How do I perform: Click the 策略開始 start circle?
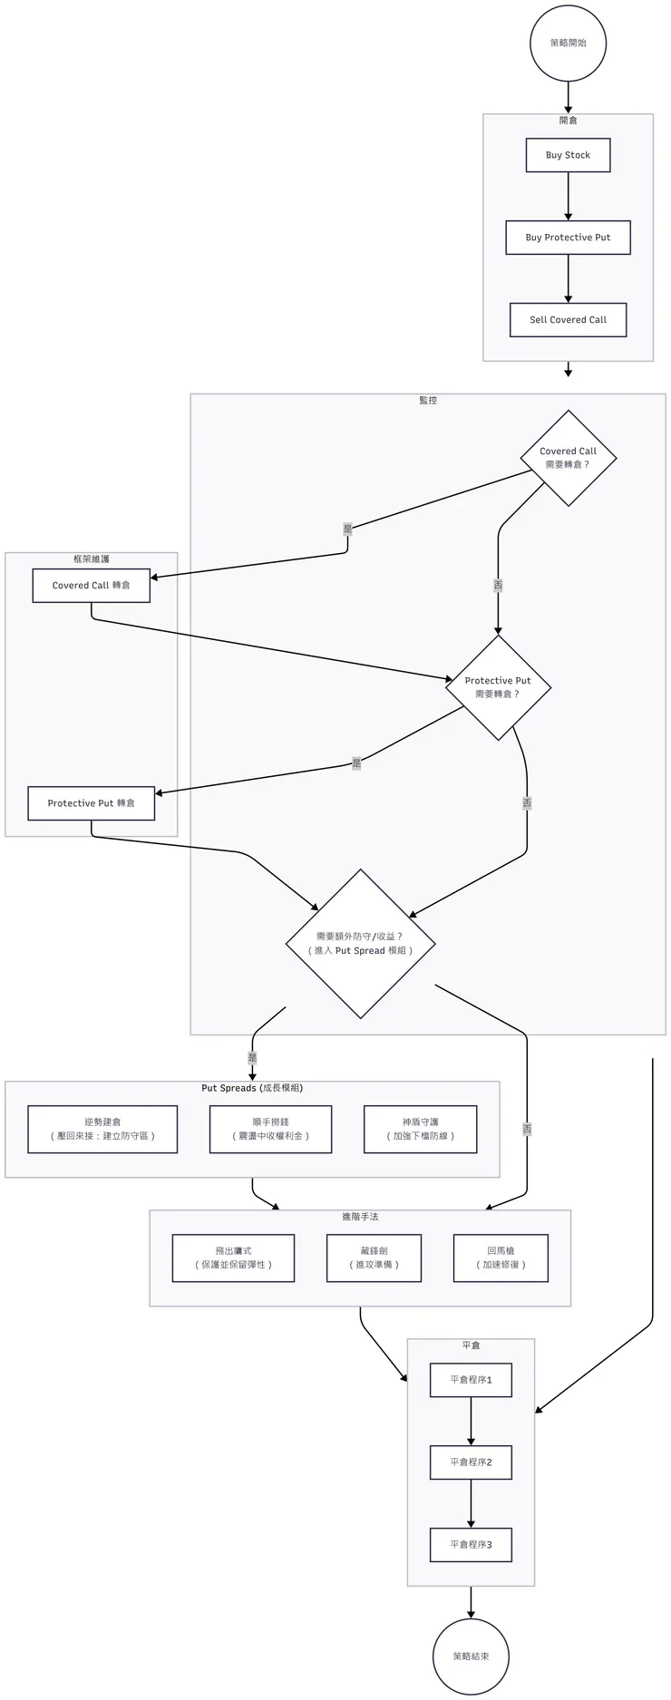coord(568,43)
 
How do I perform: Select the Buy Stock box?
coord(568,155)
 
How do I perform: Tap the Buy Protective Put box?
coord(568,238)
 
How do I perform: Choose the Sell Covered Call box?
coord(568,320)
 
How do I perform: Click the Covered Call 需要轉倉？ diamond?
coord(569,458)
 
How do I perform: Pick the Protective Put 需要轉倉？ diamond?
coord(498,687)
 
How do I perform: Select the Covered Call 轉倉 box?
coord(91,586)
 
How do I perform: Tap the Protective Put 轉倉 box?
coord(91,803)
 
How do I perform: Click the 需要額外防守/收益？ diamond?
coord(361,944)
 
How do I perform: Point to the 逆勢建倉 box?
coord(102,1129)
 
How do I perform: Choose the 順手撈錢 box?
coord(270,1129)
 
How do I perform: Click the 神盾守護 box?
coord(421,1129)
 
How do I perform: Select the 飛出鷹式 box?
coord(233,1258)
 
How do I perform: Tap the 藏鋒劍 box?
coord(374,1258)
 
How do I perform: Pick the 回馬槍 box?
coord(501,1258)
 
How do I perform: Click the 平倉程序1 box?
coord(471,1380)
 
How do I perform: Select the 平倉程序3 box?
coord(471,1544)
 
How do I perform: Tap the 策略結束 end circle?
coord(471,1656)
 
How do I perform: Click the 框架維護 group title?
coord(91,559)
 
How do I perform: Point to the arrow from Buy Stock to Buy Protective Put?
coord(568,196)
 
